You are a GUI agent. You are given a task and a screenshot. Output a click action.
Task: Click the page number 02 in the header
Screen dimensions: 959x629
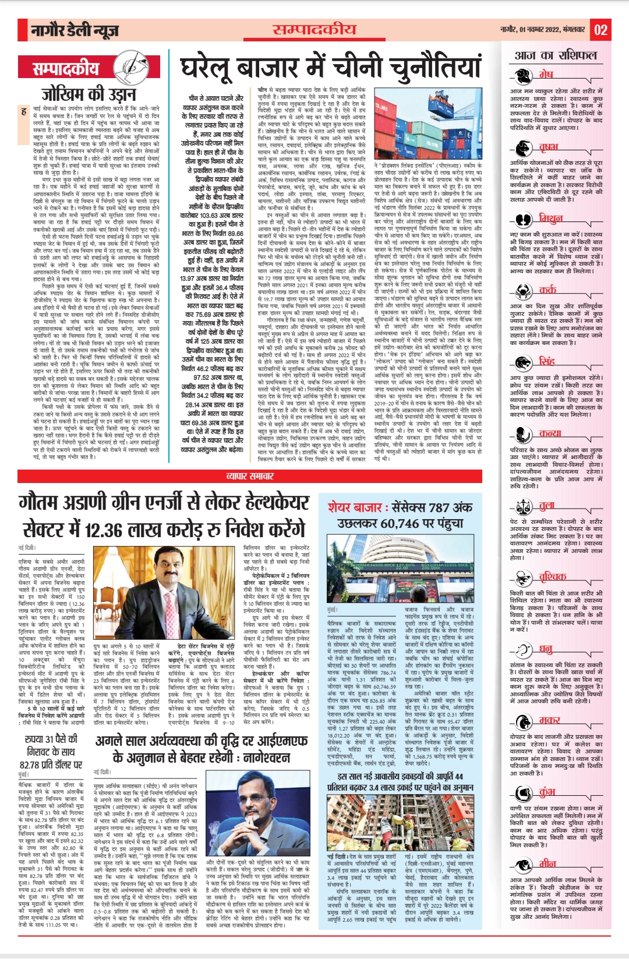pos(601,30)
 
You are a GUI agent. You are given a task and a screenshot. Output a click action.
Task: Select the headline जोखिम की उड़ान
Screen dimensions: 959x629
pos(81,93)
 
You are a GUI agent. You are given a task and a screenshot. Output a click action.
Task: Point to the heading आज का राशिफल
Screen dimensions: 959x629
pos(556,55)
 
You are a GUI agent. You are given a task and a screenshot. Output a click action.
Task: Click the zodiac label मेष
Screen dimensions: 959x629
pos(545,75)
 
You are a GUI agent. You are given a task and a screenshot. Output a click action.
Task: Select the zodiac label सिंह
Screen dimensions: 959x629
pos(546,361)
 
